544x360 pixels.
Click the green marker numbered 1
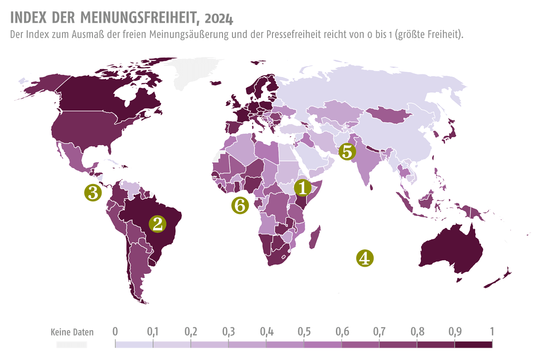tap(303, 187)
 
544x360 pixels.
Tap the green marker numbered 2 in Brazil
tap(158, 224)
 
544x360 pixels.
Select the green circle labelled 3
tap(93, 192)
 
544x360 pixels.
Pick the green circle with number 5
tap(346, 151)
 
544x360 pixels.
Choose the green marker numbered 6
tap(240, 205)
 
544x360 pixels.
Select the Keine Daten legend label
tap(72, 332)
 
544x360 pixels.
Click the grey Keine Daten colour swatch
tap(72, 345)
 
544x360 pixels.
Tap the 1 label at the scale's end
tap(491, 331)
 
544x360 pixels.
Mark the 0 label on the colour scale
tap(115, 331)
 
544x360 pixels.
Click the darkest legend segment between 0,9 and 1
tap(473, 345)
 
